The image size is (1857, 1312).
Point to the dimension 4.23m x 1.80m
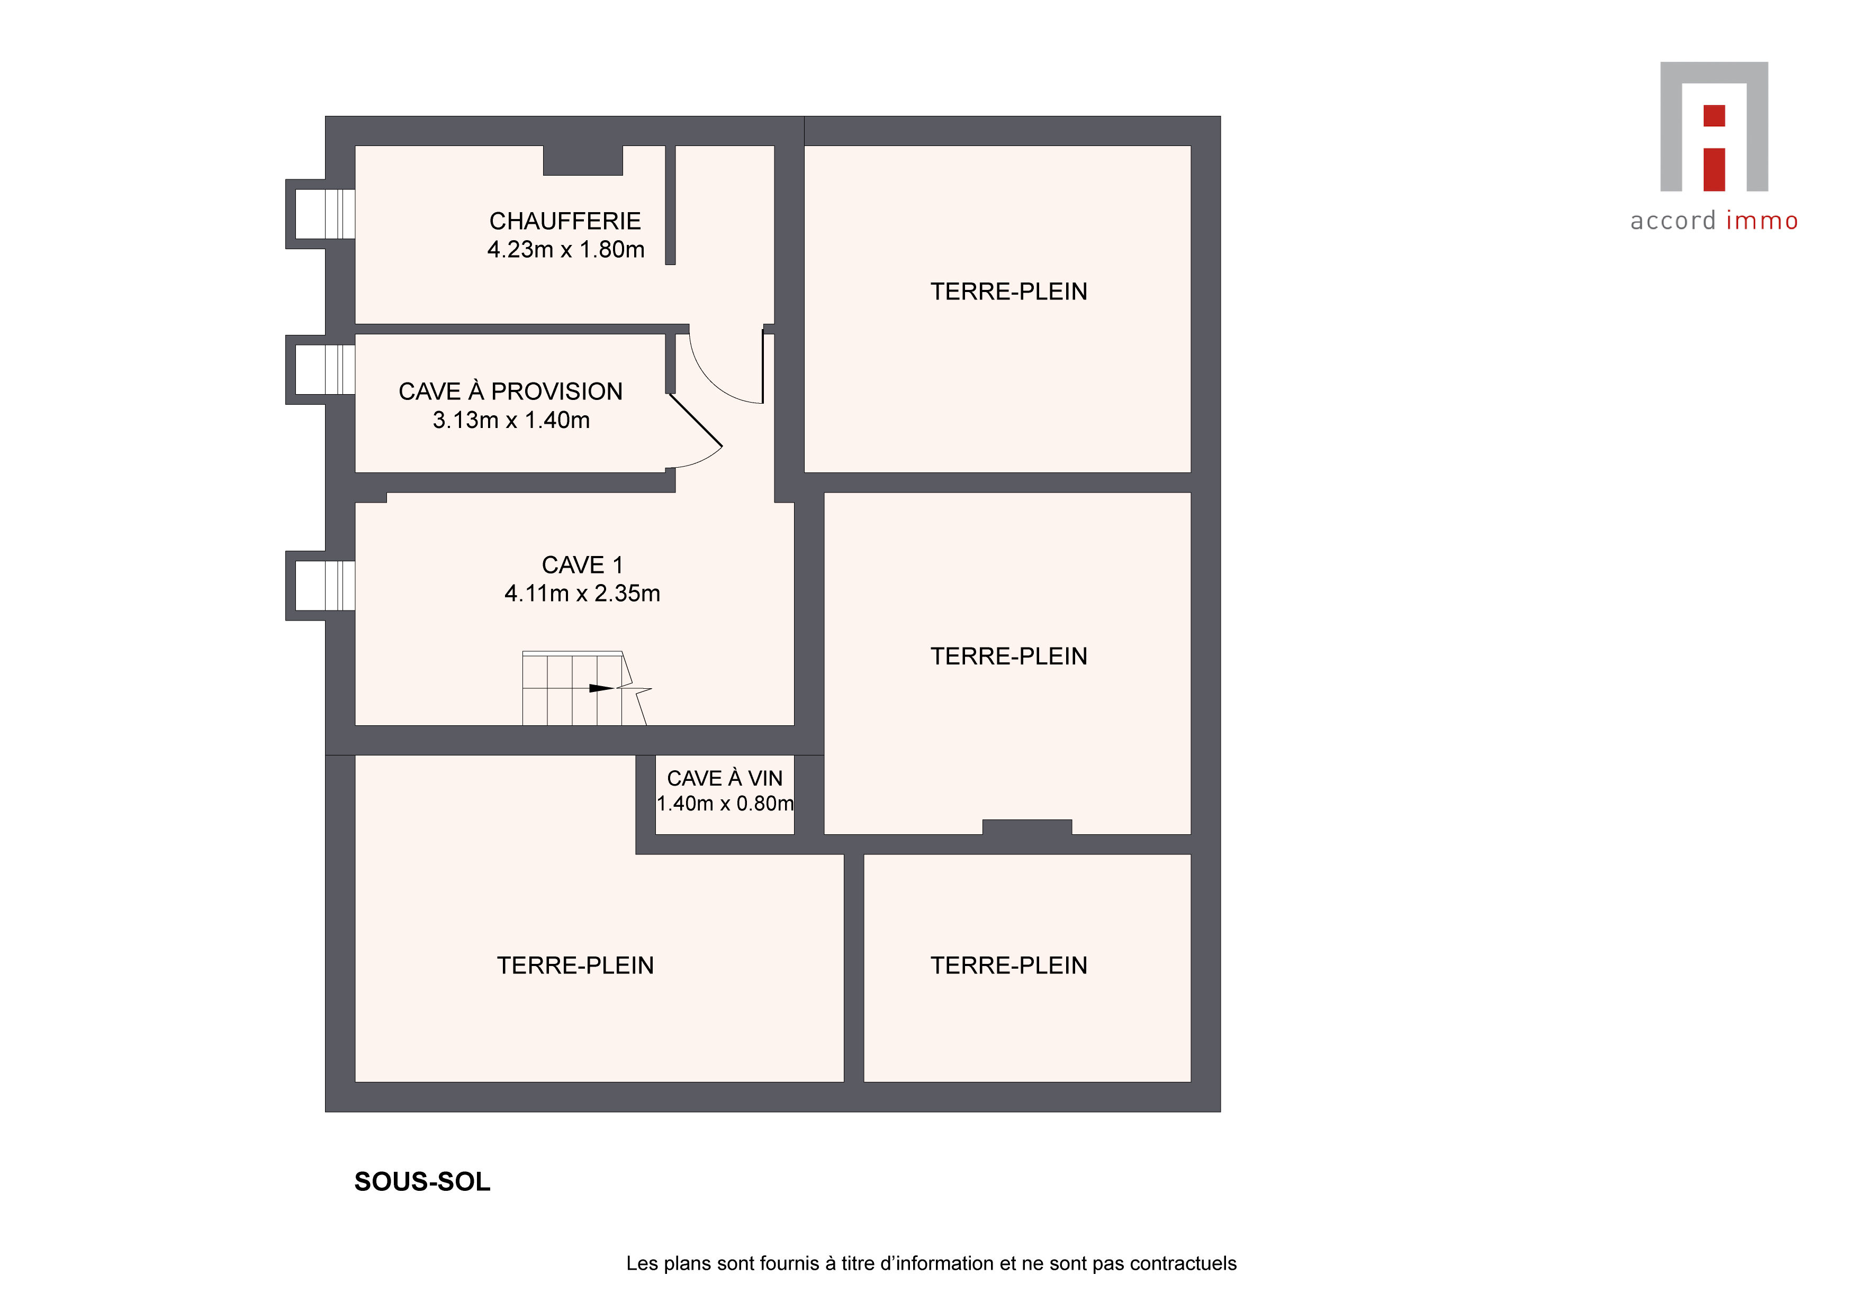click(x=565, y=250)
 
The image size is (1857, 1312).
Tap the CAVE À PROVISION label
click(x=510, y=391)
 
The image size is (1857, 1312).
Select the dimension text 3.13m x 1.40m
click(x=511, y=421)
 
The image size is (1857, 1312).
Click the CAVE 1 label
click(x=582, y=565)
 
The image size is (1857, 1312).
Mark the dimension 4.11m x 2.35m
click(x=582, y=594)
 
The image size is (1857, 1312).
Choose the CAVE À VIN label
click(x=725, y=778)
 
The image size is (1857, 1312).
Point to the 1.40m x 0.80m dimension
click(x=725, y=804)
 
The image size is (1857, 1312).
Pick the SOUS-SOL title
click(x=422, y=1182)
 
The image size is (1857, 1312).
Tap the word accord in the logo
click(x=1673, y=221)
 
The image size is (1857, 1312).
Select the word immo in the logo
click(x=1762, y=221)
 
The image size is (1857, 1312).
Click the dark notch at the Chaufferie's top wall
click(x=582, y=160)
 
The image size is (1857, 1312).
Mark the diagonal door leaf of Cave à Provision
click(x=696, y=420)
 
